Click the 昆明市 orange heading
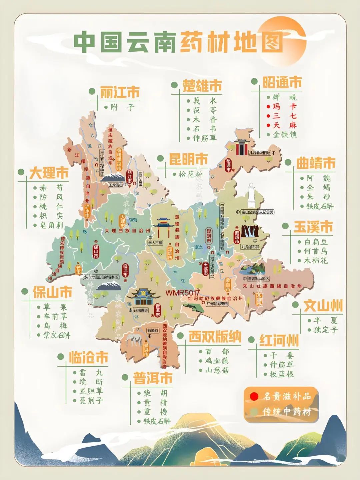[x=188, y=159]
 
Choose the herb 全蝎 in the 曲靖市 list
[x=318, y=187]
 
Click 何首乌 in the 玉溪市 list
[x=315, y=251]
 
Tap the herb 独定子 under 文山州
[x=326, y=330]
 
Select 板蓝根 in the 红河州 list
[x=282, y=374]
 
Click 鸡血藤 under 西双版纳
[x=217, y=361]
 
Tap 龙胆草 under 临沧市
[x=91, y=391]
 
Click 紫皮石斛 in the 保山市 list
[x=57, y=335]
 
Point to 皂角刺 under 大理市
[x=51, y=225]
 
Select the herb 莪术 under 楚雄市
[x=205, y=101]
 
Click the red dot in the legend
[x=254, y=396]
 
